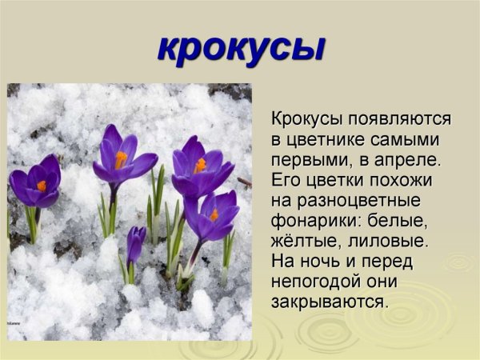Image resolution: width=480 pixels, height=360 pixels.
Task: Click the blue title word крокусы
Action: (241, 47)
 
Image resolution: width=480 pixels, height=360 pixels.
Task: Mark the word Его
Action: (286, 179)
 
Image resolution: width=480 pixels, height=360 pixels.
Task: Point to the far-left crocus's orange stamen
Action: (42, 186)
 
